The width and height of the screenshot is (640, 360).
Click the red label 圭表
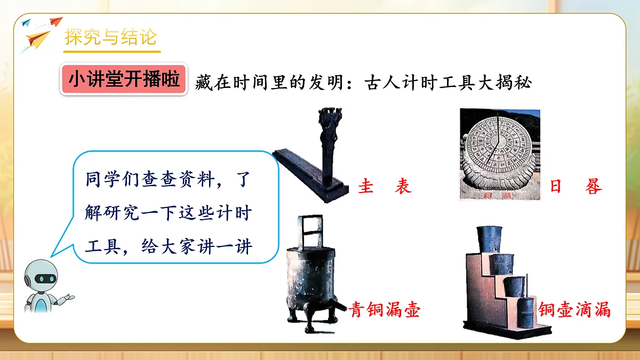tap(385, 187)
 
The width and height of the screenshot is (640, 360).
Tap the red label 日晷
tap(575, 187)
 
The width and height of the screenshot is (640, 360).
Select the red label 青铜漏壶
tap(385, 309)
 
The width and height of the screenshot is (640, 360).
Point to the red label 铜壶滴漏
tap(574, 309)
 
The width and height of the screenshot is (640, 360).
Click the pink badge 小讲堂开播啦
tap(123, 80)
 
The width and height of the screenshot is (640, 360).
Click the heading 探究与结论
tap(111, 38)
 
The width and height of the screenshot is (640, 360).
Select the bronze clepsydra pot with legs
tap(312, 283)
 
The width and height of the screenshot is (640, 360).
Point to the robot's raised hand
tap(69, 298)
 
